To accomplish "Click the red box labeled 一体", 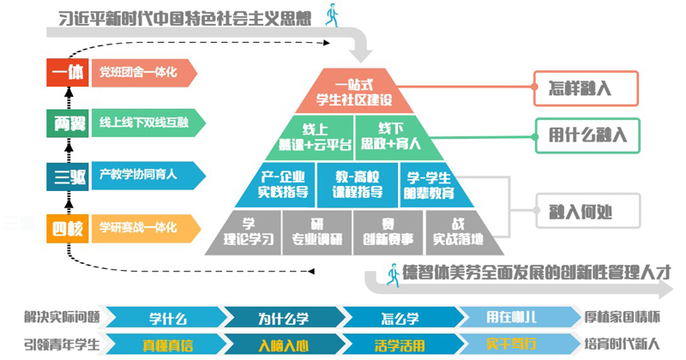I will point(67,73).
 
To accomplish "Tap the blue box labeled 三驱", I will point(67,177).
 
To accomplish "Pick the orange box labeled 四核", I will point(67,229).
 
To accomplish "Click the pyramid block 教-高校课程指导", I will point(352,183).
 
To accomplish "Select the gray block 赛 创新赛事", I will point(388,231).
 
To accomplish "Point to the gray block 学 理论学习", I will point(249,231).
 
